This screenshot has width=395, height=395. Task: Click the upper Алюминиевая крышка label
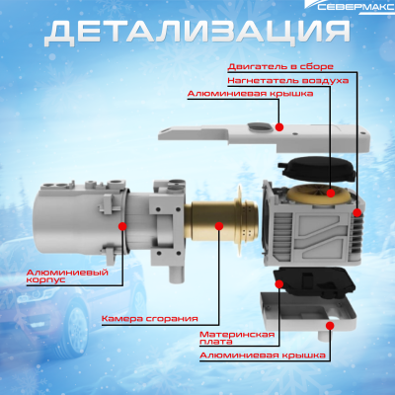[x=251, y=94]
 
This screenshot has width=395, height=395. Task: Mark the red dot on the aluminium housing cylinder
[x=122, y=225]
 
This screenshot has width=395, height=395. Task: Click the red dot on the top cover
[x=281, y=127]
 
